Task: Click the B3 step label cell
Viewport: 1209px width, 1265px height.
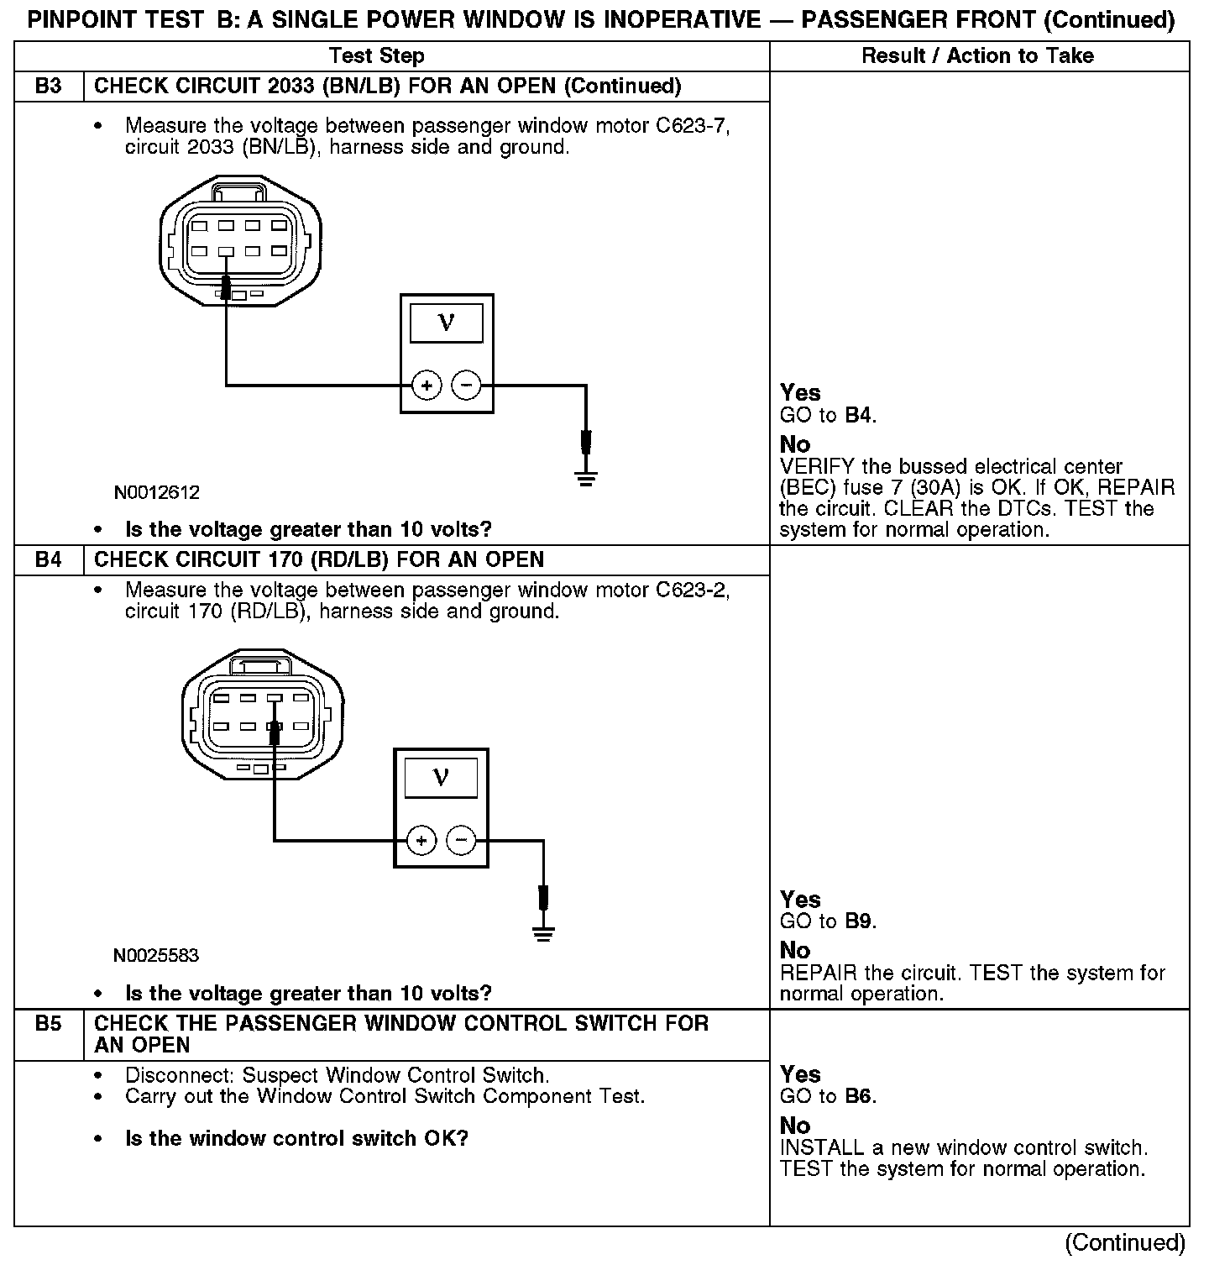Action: click(x=49, y=87)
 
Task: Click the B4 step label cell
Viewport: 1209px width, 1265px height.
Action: click(x=49, y=560)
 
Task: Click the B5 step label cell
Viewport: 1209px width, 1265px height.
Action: click(x=49, y=1024)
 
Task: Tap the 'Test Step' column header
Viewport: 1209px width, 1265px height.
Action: click(x=377, y=56)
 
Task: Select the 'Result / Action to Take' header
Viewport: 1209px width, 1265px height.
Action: click(x=978, y=56)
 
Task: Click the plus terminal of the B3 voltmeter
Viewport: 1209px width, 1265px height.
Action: click(x=427, y=386)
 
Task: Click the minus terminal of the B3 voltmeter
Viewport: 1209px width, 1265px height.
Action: click(x=466, y=386)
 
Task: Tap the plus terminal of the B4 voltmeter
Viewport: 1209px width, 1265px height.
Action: click(x=421, y=840)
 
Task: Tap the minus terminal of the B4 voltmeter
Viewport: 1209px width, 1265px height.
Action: click(x=460, y=840)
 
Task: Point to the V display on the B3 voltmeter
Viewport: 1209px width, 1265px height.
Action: click(x=446, y=323)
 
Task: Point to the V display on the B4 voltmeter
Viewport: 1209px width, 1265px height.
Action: click(x=441, y=777)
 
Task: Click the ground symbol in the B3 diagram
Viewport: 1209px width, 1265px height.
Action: click(x=586, y=480)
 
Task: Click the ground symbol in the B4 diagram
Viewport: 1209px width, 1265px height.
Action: click(x=543, y=933)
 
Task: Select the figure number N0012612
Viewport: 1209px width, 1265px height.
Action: click(x=157, y=492)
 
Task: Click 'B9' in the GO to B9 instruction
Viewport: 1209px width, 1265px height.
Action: click(x=859, y=921)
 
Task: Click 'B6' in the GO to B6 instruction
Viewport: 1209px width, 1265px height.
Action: click(x=859, y=1096)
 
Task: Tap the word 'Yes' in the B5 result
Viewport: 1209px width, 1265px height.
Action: click(x=800, y=1074)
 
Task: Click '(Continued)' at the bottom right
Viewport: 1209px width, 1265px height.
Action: click(x=1125, y=1242)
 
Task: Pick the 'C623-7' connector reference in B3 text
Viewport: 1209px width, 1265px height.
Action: click(x=693, y=126)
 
